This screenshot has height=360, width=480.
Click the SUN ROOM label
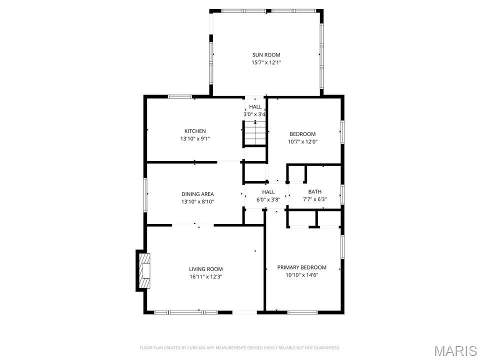click(x=266, y=55)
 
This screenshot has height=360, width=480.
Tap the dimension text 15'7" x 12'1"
click(x=266, y=63)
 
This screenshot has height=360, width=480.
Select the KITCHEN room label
click(x=195, y=131)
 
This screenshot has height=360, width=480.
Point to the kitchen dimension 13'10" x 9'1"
click(x=195, y=139)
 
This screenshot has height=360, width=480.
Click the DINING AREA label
click(x=197, y=194)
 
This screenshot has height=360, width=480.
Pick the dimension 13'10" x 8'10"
click(x=197, y=202)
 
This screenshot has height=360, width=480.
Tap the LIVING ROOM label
click(x=206, y=269)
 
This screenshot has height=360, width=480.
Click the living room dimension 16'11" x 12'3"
click(x=206, y=277)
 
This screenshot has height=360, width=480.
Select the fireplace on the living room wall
click(x=143, y=270)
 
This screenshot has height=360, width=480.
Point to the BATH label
click(x=315, y=191)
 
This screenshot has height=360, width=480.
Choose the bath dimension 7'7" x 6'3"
click(x=315, y=199)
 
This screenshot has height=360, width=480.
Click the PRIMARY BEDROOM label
click(x=302, y=267)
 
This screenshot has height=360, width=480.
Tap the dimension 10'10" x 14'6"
click(x=302, y=275)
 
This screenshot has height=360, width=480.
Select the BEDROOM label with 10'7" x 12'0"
click(x=302, y=134)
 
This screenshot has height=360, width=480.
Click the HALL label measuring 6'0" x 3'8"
click(x=268, y=192)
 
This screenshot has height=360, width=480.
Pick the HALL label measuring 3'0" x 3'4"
click(x=255, y=107)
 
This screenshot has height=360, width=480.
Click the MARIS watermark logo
click(x=455, y=350)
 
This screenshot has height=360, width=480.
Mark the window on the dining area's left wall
click(x=145, y=193)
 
